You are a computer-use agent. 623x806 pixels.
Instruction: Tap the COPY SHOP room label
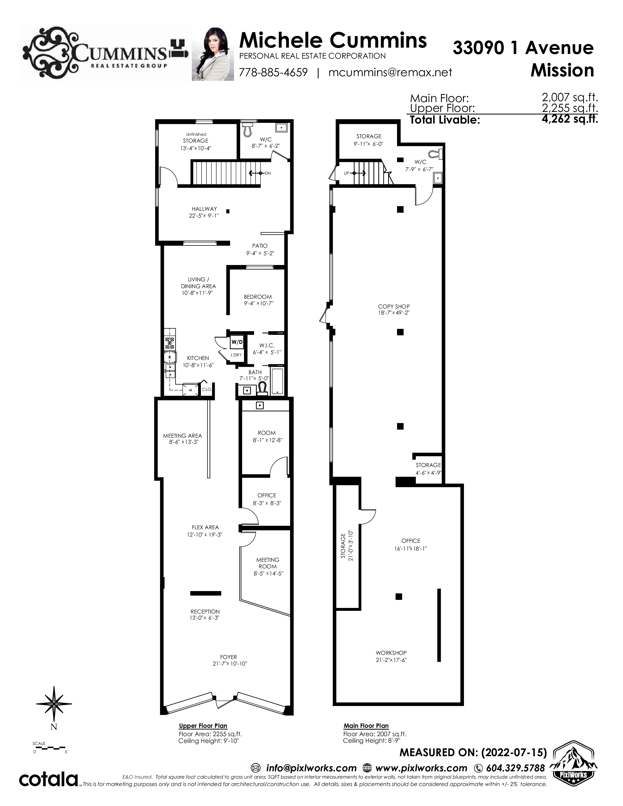[394, 306]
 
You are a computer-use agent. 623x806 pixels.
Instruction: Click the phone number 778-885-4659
[273, 72]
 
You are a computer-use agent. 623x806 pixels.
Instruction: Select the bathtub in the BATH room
[277, 381]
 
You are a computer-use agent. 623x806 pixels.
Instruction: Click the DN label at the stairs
[268, 173]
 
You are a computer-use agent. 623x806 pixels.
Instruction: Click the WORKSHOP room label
[391, 653]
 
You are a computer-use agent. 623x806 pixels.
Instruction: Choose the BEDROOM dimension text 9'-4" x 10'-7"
[258, 304]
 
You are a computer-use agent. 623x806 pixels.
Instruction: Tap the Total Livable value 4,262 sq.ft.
[570, 119]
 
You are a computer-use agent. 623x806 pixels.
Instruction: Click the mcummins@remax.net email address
[390, 72]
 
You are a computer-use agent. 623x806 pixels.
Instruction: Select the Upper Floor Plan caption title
[203, 726]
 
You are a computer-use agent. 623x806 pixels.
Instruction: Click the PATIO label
[260, 246]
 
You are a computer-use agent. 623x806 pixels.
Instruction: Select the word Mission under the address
[562, 70]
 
